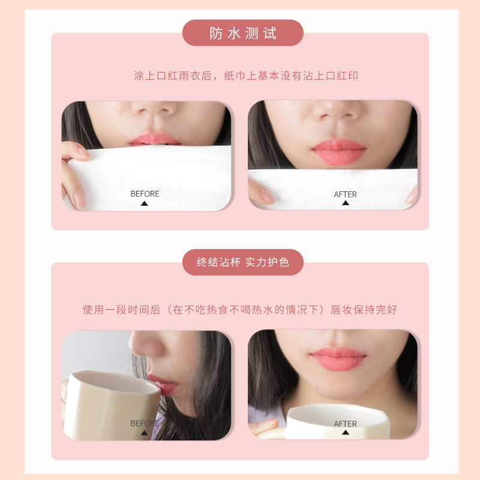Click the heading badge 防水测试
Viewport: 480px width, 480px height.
pos(243,33)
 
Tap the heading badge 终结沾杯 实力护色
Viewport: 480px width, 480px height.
pos(243,262)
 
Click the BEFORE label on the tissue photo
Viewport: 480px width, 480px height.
pos(145,194)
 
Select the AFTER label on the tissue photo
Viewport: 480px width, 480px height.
pos(346,194)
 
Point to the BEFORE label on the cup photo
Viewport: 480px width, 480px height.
pos(145,424)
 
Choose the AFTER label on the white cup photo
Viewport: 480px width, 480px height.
pos(346,424)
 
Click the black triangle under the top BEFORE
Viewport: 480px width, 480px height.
pos(144,203)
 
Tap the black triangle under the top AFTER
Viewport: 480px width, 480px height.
pos(346,203)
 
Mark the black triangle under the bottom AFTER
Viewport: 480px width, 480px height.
pos(346,432)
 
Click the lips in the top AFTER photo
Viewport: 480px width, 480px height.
pos(339,152)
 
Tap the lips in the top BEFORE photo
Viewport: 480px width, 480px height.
pos(155,140)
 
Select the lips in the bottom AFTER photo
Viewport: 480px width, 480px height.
pos(339,358)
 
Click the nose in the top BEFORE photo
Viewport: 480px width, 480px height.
pos(155,109)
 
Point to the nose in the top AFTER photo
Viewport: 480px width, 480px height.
pos(337,111)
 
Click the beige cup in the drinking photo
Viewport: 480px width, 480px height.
pos(112,404)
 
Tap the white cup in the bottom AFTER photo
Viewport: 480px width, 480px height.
pos(338,421)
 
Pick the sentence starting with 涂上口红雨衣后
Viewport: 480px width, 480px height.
pos(246,76)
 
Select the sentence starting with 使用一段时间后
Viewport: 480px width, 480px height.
pos(240,310)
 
